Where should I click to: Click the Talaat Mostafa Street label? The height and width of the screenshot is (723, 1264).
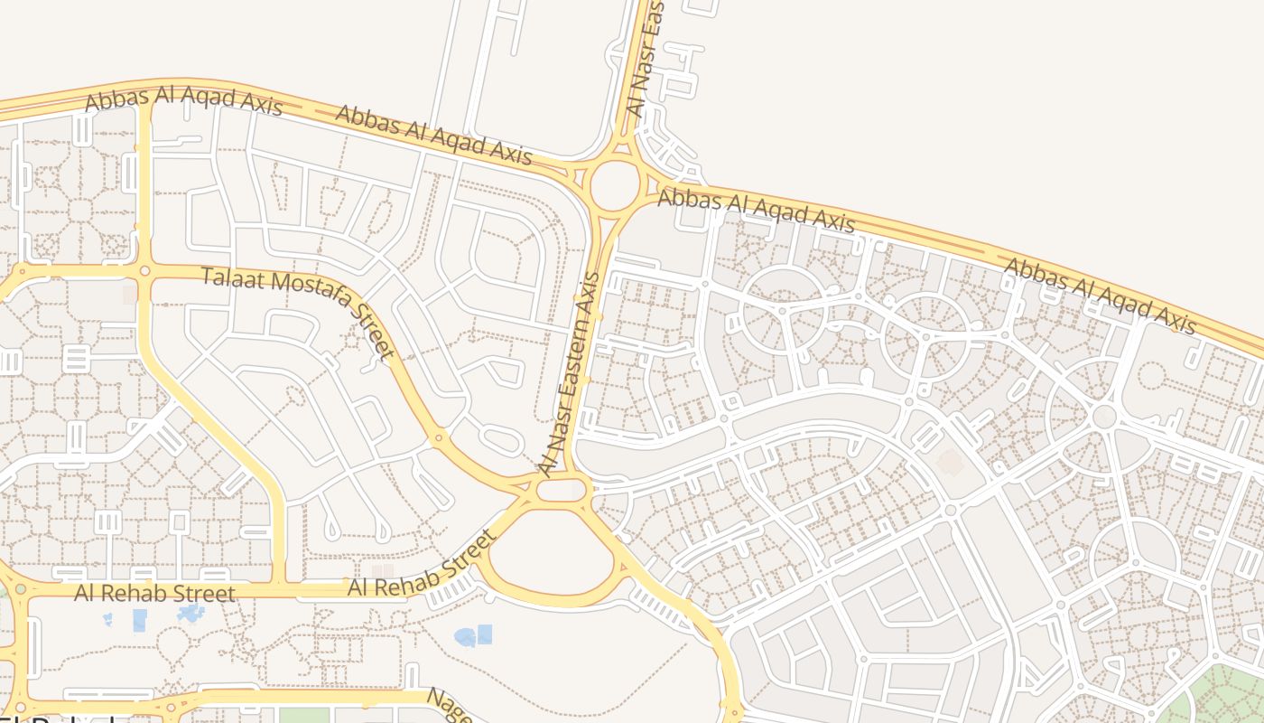298,313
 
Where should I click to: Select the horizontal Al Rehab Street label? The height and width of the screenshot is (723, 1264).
154,594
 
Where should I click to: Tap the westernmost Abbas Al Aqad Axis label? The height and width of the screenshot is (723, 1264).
183,100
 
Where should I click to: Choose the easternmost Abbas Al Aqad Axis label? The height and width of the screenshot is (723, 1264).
1100,296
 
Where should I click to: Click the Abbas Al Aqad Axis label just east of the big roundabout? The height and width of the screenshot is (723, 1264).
756,210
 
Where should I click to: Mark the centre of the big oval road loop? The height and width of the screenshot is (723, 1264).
551,554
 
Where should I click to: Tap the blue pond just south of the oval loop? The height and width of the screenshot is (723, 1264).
473,636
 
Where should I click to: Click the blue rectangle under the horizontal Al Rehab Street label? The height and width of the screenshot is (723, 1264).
140,620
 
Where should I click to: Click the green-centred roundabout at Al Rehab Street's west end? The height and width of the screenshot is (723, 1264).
20,589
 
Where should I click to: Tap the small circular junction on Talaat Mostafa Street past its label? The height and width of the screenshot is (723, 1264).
439,437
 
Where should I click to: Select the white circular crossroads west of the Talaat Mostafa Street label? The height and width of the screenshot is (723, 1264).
144,270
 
